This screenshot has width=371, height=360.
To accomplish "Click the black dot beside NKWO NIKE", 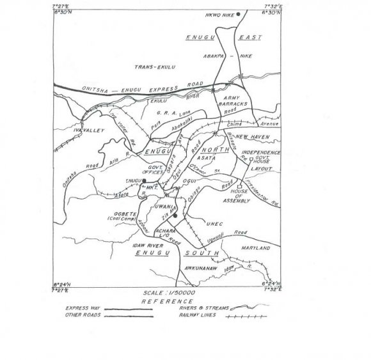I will click(238, 14).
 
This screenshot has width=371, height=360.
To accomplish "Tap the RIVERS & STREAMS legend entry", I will click(214, 308).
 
